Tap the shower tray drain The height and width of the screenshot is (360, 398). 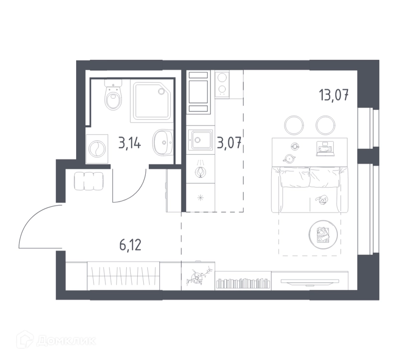pyautogui.click(x=161, y=91)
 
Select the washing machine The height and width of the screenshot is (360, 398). pyautogui.click(x=97, y=149)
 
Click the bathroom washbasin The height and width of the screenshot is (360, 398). pyautogui.click(x=163, y=142)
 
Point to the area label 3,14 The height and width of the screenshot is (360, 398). pyautogui.click(x=130, y=143)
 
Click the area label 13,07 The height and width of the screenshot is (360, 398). pyautogui.click(x=334, y=95)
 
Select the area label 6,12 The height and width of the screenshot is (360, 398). pyautogui.click(x=130, y=245)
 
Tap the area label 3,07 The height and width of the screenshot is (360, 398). pyautogui.click(x=229, y=143)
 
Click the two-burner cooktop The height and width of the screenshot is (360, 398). pyautogui.click(x=222, y=84)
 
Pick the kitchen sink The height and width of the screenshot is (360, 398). pyautogui.click(x=200, y=139)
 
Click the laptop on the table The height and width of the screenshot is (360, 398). pyautogui.click(x=324, y=149)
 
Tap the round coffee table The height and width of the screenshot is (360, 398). pyautogui.click(x=323, y=234)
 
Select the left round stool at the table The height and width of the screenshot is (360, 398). pyautogui.click(x=294, y=125)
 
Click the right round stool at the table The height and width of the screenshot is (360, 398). pyautogui.click(x=326, y=125)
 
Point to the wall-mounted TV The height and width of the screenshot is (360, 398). pyautogui.click(x=309, y=281)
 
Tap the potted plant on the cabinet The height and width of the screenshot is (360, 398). pyautogui.click(x=198, y=276)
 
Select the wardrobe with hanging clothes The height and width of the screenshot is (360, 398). pyautogui.click(x=123, y=276)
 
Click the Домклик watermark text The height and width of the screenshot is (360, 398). pyautogui.click(x=66, y=341)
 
